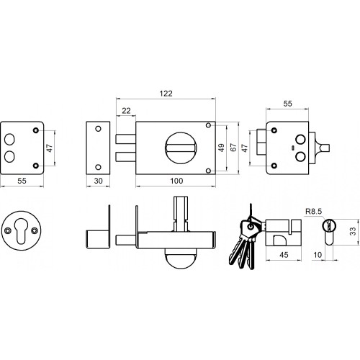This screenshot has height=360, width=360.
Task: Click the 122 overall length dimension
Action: click(x=166, y=94)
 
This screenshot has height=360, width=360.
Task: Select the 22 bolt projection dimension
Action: click(x=126, y=111)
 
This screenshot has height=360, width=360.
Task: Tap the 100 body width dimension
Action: click(x=176, y=181)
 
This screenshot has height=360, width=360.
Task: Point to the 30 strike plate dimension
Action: click(x=98, y=181)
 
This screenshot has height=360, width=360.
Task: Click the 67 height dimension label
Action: click(x=233, y=148)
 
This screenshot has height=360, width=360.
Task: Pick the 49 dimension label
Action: click(x=221, y=148)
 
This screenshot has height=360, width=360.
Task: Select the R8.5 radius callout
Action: click(x=313, y=212)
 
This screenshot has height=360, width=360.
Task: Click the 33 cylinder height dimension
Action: click(x=353, y=231)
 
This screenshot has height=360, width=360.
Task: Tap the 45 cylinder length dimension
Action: click(x=284, y=255)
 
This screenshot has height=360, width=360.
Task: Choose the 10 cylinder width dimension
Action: click(x=318, y=255)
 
